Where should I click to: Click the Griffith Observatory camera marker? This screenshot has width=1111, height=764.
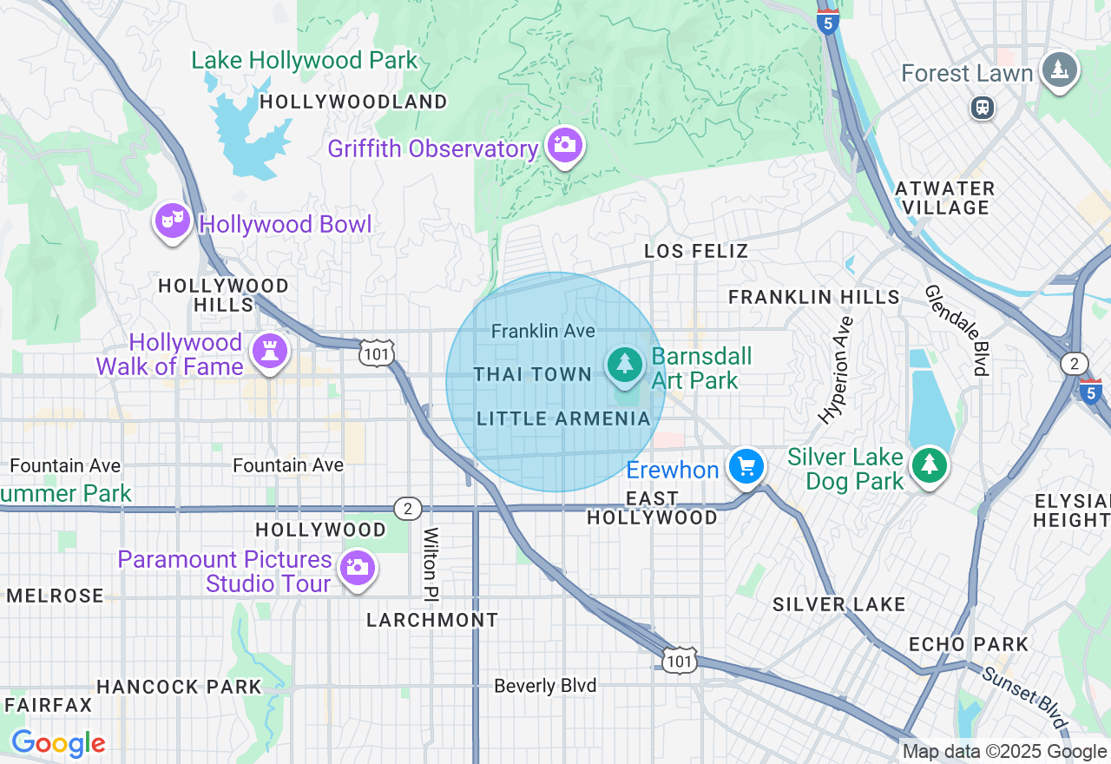click(x=565, y=145)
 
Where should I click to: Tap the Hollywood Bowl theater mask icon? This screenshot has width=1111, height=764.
click(x=173, y=221)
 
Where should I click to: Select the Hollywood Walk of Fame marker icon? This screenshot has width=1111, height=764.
click(x=269, y=352)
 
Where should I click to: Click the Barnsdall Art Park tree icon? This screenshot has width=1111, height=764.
click(x=624, y=365)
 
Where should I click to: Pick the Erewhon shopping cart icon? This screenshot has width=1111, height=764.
click(x=746, y=467)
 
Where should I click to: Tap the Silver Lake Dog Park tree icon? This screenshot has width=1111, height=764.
click(x=930, y=465)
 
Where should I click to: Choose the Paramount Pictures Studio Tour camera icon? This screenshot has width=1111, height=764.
click(x=357, y=569)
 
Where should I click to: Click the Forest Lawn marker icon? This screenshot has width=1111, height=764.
click(x=1059, y=70)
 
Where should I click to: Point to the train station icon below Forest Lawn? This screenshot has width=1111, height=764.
click(x=983, y=109)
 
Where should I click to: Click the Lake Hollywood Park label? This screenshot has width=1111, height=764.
click(x=305, y=61)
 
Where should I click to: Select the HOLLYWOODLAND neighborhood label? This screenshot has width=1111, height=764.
click(x=353, y=102)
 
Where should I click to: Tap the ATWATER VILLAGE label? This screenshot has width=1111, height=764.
click(x=944, y=198)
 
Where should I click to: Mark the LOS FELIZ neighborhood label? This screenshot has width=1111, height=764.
click(x=696, y=252)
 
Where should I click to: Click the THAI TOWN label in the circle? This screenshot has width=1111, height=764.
click(x=532, y=374)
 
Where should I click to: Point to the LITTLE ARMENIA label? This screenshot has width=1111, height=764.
click(x=563, y=419)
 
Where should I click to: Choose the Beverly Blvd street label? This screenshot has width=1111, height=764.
click(x=545, y=686)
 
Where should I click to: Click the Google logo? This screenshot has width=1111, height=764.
click(x=58, y=743)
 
